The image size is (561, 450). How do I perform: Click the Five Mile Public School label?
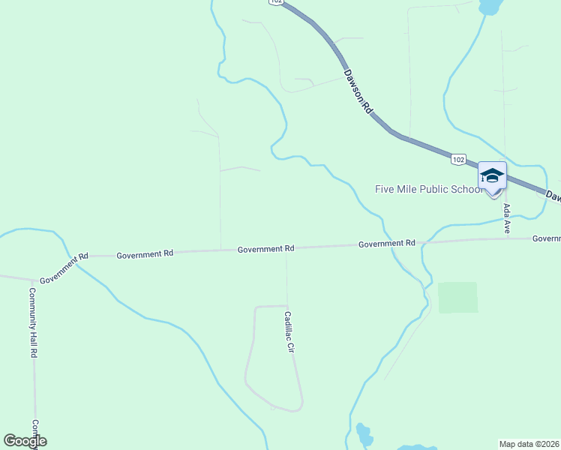(429, 189)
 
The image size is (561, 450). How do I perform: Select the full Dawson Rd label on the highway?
(358, 91)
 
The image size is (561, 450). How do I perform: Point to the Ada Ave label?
(508, 218)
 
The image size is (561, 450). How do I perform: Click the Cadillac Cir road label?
(289, 332)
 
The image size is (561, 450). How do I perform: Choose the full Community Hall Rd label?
(34, 322)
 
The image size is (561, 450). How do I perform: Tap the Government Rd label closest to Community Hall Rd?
(64, 268)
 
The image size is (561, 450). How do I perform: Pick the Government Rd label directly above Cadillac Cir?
(265, 249)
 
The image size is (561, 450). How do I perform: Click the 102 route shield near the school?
(459, 159)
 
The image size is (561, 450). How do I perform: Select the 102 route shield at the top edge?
(276, 2)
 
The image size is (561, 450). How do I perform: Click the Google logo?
(25, 441)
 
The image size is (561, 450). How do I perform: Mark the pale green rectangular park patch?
(457, 298)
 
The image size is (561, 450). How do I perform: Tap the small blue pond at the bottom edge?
(364, 435)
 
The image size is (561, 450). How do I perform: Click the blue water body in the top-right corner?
(490, 7)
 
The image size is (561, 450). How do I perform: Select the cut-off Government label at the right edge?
(547, 238)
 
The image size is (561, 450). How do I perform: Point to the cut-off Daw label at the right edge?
(553, 196)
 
